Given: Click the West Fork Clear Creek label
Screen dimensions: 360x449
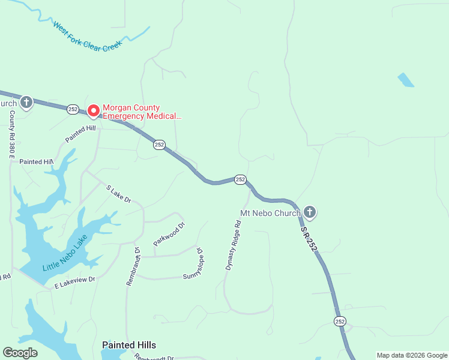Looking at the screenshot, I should [x=87, y=37].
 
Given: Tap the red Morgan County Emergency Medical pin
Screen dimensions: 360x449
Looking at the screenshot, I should [x=94, y=111].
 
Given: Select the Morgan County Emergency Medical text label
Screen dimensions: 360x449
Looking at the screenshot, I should [x=142, y=112].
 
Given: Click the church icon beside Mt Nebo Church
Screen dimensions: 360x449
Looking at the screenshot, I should [x=310, y=212].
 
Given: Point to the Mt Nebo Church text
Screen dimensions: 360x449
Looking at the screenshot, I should [x=270, y=213].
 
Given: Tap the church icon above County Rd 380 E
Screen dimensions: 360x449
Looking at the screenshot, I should [x=26, y=103].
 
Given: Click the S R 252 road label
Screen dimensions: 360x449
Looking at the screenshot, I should [x=309, y=238].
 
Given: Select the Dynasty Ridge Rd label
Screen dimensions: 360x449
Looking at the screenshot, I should [x=233, y=245].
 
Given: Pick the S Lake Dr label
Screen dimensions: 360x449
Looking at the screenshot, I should [x=119, y=194].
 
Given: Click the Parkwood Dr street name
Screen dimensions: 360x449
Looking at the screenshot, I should [x=170, y=234].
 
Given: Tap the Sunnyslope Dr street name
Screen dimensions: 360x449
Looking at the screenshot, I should [x=200, y=265].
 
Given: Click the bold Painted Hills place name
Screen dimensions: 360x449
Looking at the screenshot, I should [x=129, y=345].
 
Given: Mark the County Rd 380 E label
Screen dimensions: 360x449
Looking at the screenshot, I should [x=11, y=134].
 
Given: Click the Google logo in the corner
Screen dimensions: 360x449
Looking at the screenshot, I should [x=20, y=353].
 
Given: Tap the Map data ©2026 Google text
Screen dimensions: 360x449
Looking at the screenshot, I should [x=411, y=355].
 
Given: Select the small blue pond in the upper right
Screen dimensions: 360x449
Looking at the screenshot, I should [x=406, y=80].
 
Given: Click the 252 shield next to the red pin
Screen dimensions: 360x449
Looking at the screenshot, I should [x=73, y=109].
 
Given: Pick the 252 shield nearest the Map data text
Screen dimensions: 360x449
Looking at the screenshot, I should [x=340, y=321].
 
